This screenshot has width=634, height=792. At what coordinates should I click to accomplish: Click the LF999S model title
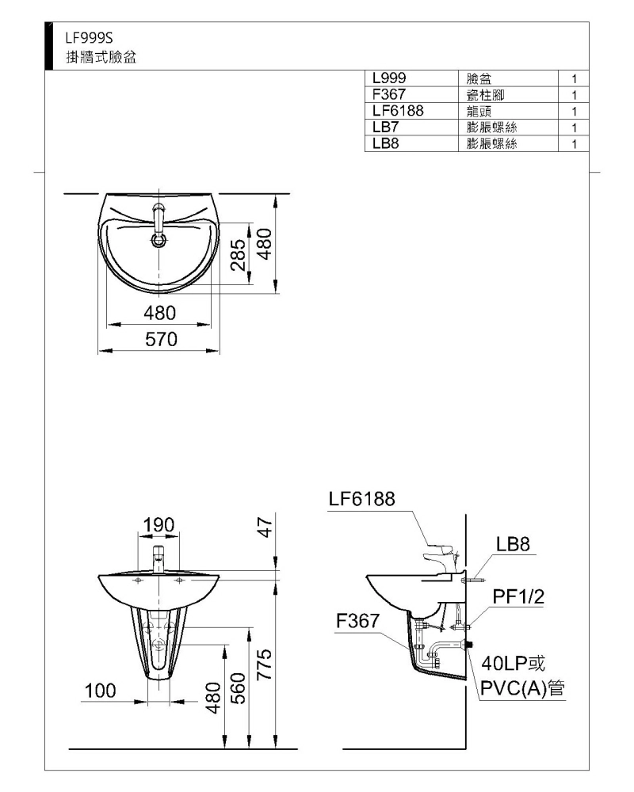pos(89,38)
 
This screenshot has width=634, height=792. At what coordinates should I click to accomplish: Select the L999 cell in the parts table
pos(389,78)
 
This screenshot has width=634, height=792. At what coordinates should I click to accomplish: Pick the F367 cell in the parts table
pos(389,94)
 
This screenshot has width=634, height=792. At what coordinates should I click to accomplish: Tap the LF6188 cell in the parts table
pos(398,111)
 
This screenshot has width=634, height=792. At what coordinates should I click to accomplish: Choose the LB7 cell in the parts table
pos(385,127)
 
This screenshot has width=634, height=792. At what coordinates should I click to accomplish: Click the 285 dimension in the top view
pos(238,254)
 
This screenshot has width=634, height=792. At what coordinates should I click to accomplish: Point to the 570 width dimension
pos(162,340)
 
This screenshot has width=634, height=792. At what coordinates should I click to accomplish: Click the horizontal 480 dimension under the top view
pos(160,313)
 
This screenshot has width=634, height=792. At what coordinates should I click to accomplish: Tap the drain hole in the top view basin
pos(158,240)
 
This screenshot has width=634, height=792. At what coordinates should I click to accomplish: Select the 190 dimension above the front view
pos(158,525)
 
